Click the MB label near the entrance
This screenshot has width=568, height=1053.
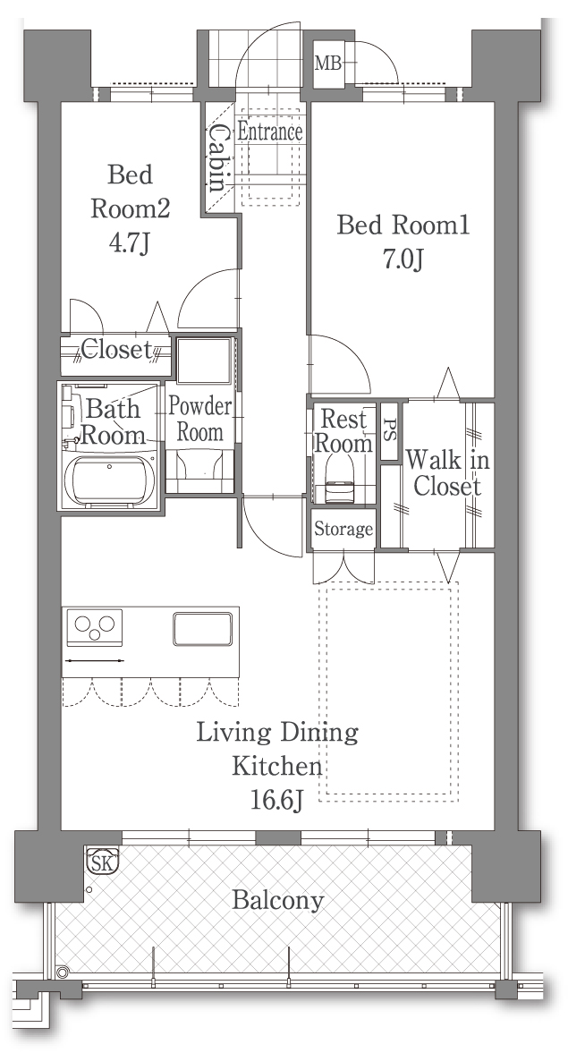[x=328, y=64]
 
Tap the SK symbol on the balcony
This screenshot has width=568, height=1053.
[x=103, y=861]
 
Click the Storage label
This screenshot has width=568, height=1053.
[x=343, y=530]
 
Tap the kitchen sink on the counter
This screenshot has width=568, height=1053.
[x=203, y=629]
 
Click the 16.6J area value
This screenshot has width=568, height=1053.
[x=276, y=800]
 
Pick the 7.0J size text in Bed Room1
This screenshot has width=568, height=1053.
[x=403, y=259]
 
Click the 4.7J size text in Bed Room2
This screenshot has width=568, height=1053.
[x=129, y=242]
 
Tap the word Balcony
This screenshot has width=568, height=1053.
[x=278, y=901]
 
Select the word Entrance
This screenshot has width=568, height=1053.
[x=270, y=132]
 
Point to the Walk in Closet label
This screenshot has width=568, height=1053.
[x=447, y=473]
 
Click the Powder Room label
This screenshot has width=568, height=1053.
[x=199, y=419]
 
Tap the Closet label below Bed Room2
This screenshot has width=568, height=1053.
[x=116, y=349]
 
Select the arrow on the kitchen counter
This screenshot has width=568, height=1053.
[x=94, y=661]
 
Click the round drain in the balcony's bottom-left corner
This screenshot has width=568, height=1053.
[x=63, y=972]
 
